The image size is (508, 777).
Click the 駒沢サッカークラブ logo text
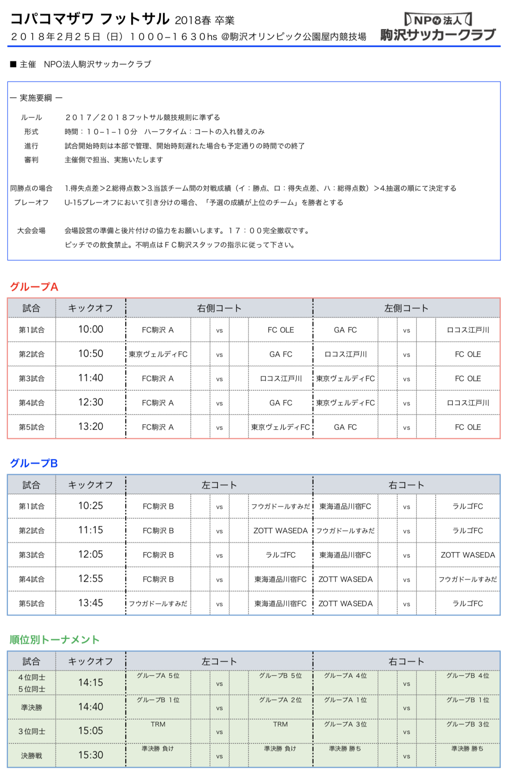tap(438, 34)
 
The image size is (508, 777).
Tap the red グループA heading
tap(34, 287)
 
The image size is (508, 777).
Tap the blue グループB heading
tap(34, 463)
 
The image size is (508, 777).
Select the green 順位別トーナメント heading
tap(54, 640)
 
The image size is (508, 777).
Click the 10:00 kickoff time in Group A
tap(91, 329)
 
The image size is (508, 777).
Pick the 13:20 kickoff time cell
tap(91, 427)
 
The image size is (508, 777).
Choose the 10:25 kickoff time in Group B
tap(91, 506)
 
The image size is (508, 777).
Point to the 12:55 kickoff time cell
tap(91, 579)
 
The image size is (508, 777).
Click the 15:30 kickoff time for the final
tap(91, 755)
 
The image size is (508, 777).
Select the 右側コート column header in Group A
tap(219, 308)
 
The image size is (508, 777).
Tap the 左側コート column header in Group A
tap(406, 308)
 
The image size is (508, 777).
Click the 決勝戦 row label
tap(31, 756)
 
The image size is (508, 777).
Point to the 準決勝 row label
tap(31, 707)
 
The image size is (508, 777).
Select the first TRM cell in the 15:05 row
tap(158, 724)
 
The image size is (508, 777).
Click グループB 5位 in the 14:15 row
tap(280, 676)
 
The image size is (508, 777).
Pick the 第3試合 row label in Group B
tap(31, 555)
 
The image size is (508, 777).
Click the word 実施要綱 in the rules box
tap(36, 98)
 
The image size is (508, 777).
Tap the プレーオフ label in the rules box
tap(31, 202)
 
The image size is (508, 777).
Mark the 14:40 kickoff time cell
tap(91, 707)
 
